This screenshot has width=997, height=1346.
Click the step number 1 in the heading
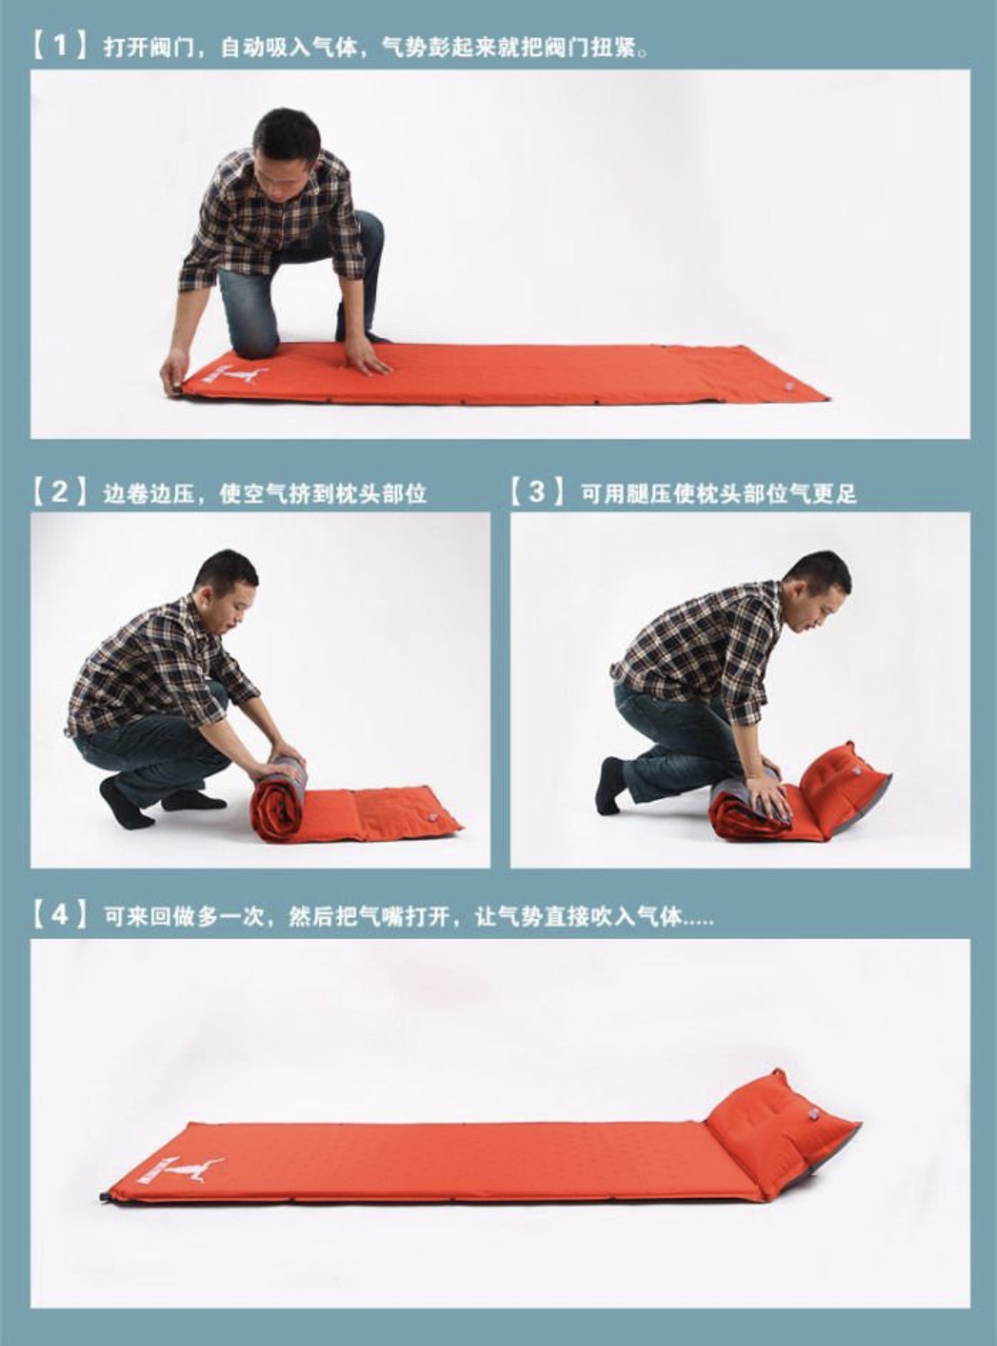tap(60, 47)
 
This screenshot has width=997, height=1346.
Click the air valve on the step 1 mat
tap(788, 386)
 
